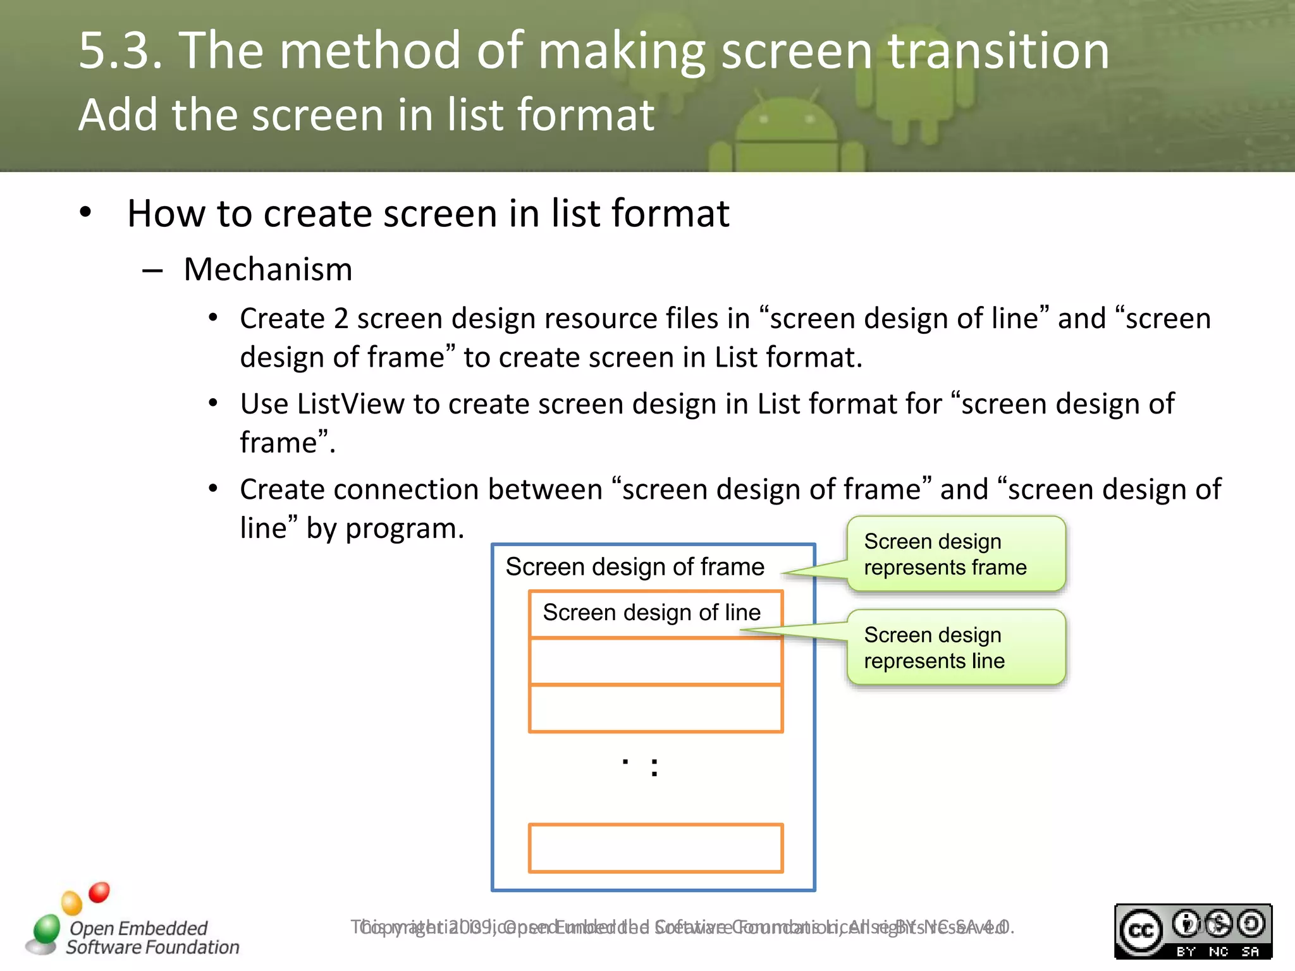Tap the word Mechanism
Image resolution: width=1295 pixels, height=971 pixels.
coord(268,269)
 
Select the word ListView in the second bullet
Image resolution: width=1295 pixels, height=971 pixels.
coord(350,404)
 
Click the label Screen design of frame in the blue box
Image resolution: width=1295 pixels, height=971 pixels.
coord(635,566)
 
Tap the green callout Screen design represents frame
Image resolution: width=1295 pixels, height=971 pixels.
coord(955,554)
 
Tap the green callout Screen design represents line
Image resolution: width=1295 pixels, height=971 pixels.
coord(955,647)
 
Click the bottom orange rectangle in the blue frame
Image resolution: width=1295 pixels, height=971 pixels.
coord(656,848)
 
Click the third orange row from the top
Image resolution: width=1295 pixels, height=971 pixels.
coord(656,709)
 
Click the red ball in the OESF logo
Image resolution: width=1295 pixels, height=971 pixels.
coord(99,892)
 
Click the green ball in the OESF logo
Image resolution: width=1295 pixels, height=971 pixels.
coord(47,928)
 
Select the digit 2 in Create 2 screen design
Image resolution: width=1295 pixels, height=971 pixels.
coord(341,319)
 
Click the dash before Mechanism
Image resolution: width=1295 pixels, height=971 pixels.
coord(152,271)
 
